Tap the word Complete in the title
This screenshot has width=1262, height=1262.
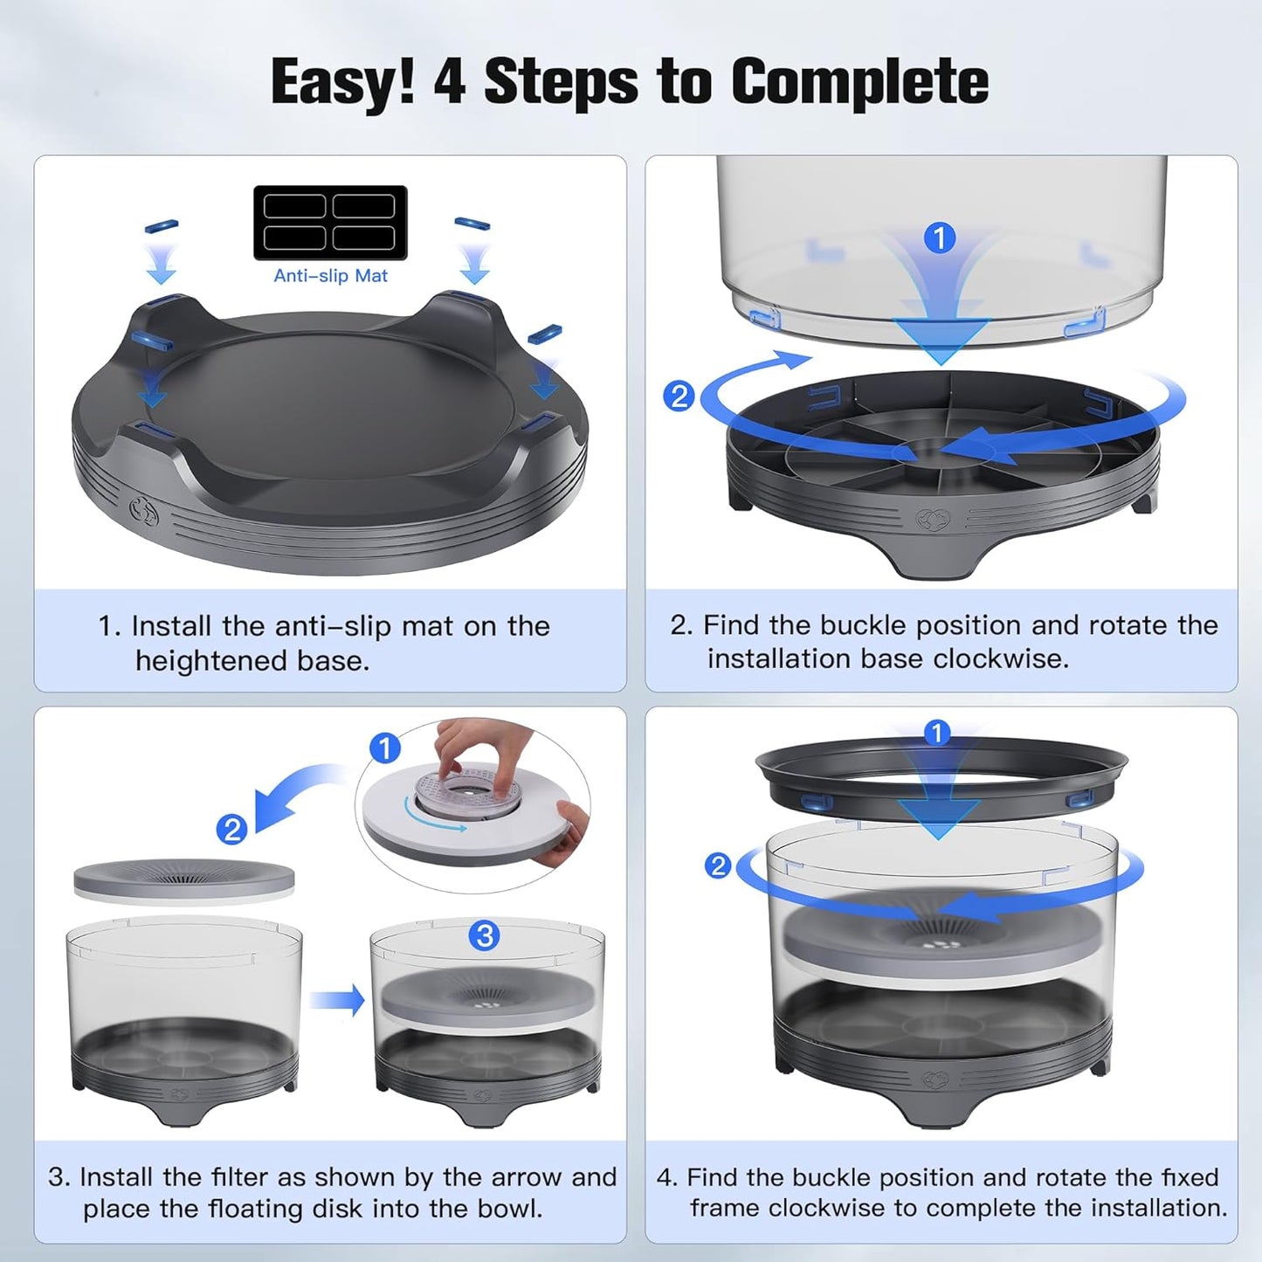click(x=859, y=82)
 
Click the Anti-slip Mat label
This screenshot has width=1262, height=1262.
click(x=330, y=276)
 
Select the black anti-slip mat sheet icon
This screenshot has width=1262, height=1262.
click(x=330, y=222)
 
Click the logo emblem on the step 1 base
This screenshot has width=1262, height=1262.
click(x=143, y=510)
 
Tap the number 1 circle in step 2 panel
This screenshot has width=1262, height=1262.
click(x=940, y=238)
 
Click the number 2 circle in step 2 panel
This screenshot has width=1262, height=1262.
click(x=679, y=397)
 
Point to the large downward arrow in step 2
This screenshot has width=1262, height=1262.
click(x=941, y=336)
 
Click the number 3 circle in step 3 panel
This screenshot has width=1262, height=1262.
click(x=484, y=935)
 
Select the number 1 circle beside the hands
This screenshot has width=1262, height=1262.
click(x=385, y=748)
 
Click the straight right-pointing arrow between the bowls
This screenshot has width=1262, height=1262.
click(x=337, y=999)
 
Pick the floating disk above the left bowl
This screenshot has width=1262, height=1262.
click(x=183, y=880)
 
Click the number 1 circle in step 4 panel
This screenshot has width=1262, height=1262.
click(x=936, y=732)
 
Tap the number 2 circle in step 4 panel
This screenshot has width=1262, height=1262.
click(x=718, y=865)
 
